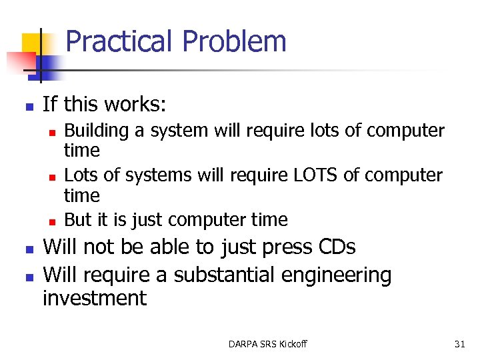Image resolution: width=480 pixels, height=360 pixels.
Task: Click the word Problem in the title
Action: coord(234,41)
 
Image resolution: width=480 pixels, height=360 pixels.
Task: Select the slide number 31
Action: coord(459,344)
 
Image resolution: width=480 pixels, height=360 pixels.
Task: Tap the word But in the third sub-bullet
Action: coord(77,220)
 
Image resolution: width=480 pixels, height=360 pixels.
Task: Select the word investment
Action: coord(94,298)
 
